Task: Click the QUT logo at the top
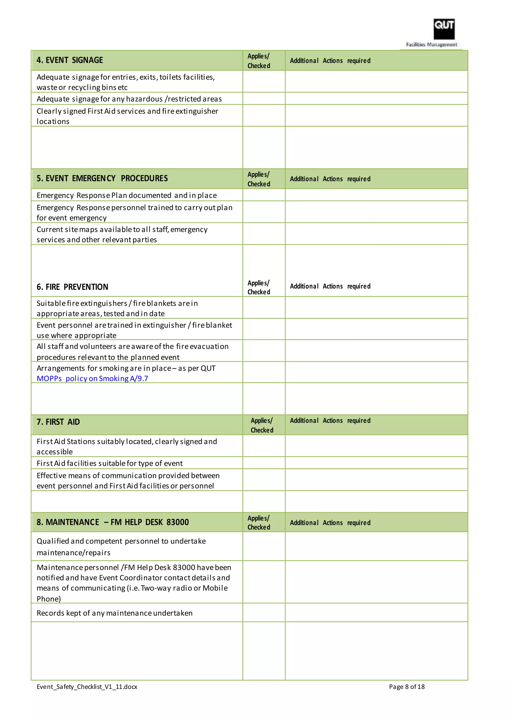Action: coord(444,29)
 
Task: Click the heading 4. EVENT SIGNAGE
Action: coord(70,60)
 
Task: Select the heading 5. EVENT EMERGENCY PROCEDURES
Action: coord(102,178)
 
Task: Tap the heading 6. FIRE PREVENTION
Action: coord(72,287)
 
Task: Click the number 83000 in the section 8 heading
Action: coord(178,522)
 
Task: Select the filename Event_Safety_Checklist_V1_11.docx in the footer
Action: coord(87,687)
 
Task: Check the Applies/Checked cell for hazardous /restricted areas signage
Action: coord(263,99)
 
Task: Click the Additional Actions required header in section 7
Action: coord(330,421)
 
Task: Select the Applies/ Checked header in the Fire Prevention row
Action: coord(258,287)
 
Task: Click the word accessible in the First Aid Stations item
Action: coord(55,452)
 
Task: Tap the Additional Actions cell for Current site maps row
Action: coord(376,234)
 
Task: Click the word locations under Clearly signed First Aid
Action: coord(53,121)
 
